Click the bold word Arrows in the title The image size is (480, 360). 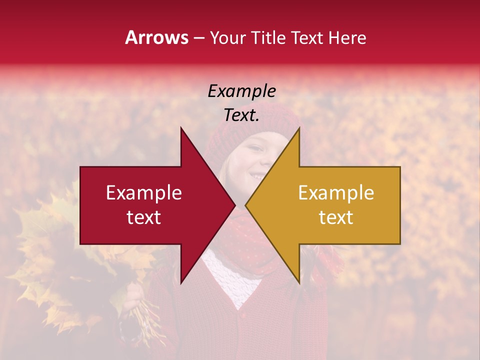pyautogui.click(x=157, y=37)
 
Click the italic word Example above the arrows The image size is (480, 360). pyautogui.click(x=242, y=91)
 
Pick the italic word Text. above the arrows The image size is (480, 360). pyautogui.click(x=242, y=115)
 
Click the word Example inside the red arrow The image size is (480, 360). pyautogui.click(x=144, y=193)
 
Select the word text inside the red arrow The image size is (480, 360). pyautogui.click(x=144, y=217)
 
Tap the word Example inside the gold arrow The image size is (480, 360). pyautogui.click(x=336, y=193)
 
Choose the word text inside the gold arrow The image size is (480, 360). pyautogui.click(x=336, y=217)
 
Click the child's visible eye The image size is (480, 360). pyautogui.click(x=255, y=148)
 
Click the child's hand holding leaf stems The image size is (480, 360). pyautogui.click(x=132, y=300)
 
